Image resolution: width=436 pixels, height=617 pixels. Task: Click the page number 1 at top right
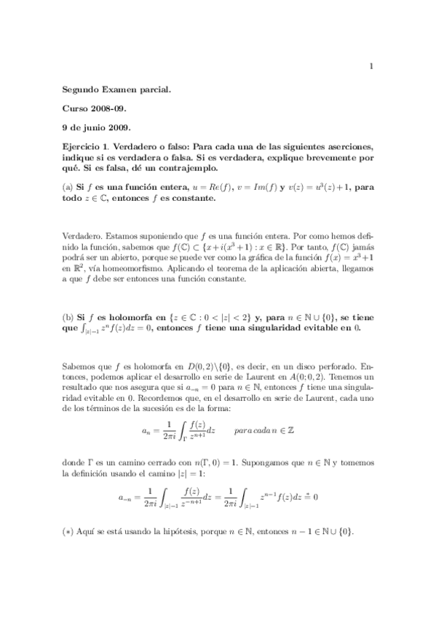(x=372, y=67)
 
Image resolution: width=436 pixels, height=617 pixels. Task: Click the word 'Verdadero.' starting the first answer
(x=82, y=236)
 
